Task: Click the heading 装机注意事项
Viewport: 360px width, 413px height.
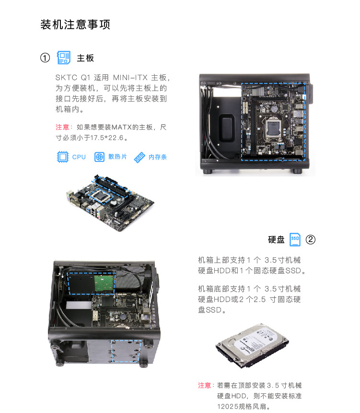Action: point(75,24)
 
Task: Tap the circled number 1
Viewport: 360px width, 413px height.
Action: point(45,58)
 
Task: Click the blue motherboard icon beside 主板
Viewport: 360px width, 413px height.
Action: point(64,58)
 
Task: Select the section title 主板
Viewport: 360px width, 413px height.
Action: point(85,58)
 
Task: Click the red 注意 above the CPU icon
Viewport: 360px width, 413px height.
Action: point(62,127)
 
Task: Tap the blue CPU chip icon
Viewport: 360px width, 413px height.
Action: point(62,157)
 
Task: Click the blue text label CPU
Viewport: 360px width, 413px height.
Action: point(79,157)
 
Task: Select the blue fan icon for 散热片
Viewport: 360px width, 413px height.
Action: point(99,157)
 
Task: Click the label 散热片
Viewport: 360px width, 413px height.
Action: point(117,157)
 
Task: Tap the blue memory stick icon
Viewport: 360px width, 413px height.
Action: point(139,157)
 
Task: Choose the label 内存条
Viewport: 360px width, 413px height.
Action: point(158,157)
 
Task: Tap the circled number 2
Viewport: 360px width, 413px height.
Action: point(310,239)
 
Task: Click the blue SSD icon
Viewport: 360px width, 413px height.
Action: point(295,239)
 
